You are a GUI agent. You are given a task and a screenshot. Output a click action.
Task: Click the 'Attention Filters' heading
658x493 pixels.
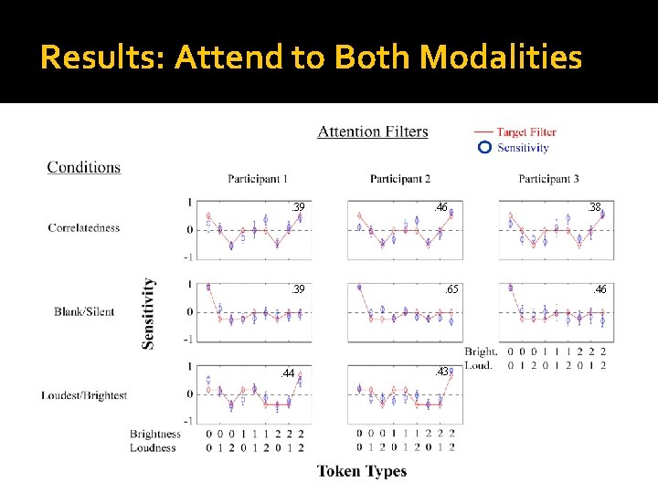(x=372, y=131)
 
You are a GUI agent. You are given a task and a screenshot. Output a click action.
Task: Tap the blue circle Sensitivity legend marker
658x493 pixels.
(x=485, y=147)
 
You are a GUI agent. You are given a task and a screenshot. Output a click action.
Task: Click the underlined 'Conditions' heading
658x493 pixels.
(x=83, y=167)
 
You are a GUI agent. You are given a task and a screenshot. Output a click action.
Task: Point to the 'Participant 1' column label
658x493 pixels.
(x=258, y=178)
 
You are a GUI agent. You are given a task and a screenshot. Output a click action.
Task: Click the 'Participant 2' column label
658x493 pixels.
(x=400, y=178)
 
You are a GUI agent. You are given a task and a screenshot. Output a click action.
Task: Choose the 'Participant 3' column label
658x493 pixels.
(x=548, y=178)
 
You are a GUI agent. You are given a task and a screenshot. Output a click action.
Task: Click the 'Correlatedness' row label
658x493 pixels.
(x=84, y=227)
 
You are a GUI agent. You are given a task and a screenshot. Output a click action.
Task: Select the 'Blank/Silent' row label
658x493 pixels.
(x=84, y=311)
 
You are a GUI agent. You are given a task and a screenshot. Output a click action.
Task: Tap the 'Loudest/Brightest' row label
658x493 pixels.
(x=84, y=395)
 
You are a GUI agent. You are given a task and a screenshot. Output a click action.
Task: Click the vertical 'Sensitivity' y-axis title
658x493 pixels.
(x=148, y=313)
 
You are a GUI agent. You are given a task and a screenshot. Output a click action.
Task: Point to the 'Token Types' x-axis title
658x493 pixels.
(x=362, y=471)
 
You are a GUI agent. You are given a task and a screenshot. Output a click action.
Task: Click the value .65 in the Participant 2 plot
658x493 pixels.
(x=451, y=289)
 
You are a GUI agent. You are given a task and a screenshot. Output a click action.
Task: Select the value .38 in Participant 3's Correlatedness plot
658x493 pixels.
(x=594, y=208)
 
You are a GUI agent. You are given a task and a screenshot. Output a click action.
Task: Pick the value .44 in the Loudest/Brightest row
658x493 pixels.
(x=288, y=373)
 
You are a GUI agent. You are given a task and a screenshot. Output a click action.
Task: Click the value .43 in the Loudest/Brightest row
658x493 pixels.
(x=441, y=372)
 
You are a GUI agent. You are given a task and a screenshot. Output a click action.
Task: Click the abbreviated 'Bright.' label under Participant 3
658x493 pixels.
(x=481, y=351)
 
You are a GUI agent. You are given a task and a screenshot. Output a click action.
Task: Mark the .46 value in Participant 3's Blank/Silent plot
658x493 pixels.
(x=600, y=289)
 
